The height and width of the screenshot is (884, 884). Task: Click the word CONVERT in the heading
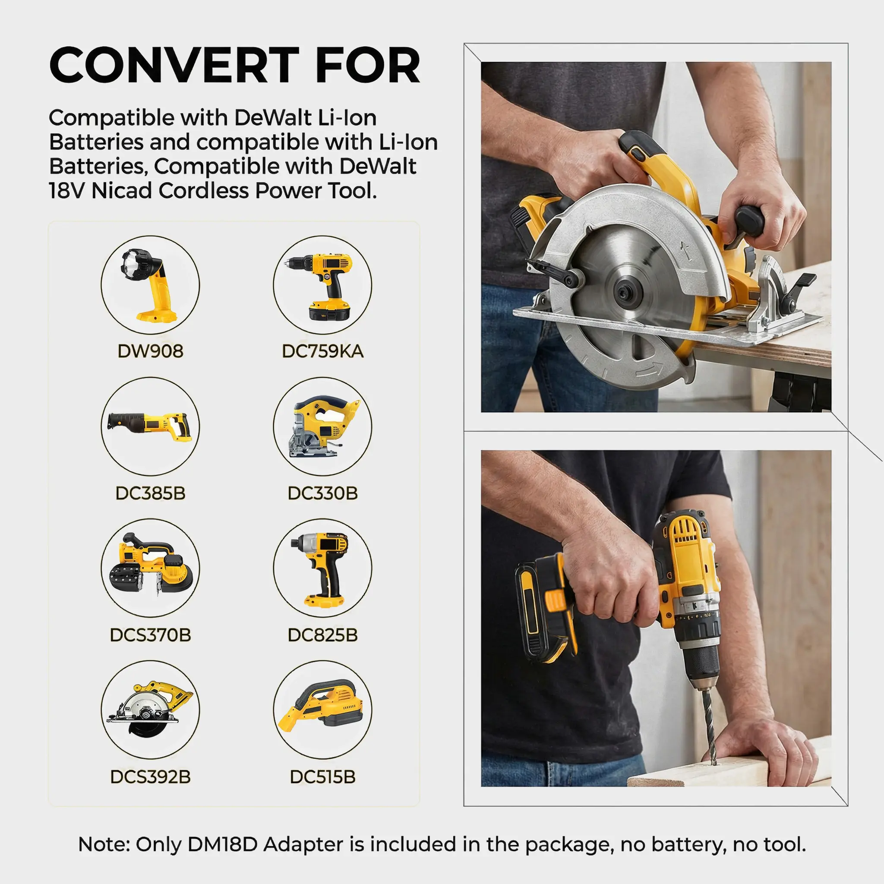(x=174, y=65)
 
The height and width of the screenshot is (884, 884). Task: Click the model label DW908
(x=150, y=351)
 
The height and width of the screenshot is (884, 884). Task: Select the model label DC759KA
(x=322, y=351)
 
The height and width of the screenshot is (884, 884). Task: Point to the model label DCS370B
(x=150, y=635)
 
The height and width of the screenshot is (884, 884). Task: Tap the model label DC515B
(x=322, y=777)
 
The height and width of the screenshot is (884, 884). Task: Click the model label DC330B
(x=322, y=493)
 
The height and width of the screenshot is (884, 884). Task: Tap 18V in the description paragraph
(x=67, y=190)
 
